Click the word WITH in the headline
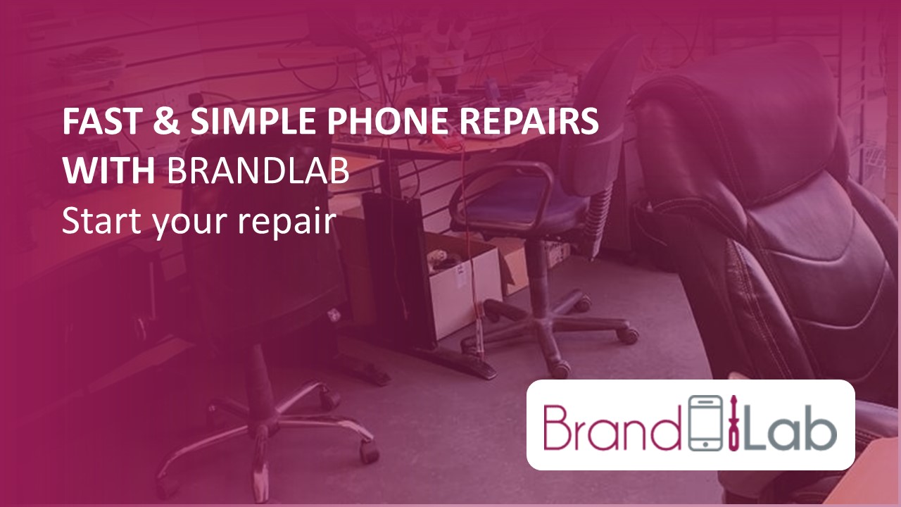tap(109, 172)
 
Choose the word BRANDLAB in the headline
tap(258, 172)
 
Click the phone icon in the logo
tap(700, 424)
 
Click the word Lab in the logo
tap(792, 425)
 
